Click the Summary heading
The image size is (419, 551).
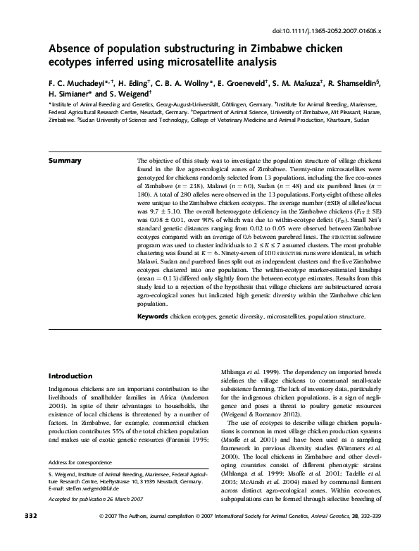[66, 161]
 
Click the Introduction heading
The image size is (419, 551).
[71, 376]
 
